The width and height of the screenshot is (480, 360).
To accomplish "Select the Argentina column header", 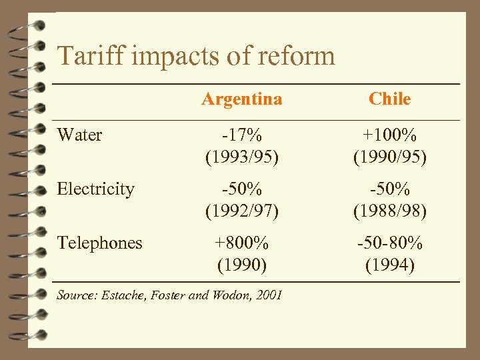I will [x=242, y=99].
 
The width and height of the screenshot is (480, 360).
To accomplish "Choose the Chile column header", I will [x=390, y=99].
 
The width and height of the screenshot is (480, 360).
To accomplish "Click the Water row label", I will [x=79, y=135].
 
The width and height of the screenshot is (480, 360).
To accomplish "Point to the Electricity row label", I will [x=95, y=189].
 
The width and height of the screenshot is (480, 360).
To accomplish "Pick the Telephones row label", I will [x=99, y=243].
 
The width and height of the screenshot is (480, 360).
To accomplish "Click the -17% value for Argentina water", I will [x=242, y=135].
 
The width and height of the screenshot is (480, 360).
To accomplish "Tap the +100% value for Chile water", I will [x=390, y=135].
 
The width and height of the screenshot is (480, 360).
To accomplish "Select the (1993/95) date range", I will [x=242, y=157].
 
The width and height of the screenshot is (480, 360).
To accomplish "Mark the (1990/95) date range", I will [x=390, y=157].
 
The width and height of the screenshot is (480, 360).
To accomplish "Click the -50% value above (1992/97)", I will [x=242, y=189].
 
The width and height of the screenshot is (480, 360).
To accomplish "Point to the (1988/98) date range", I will [x=390, y=211].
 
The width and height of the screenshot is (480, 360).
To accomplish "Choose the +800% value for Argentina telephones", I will [x=242, y=243].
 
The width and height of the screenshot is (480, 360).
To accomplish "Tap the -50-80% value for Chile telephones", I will [x=390, y=243].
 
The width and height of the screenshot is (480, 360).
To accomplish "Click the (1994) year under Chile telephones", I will [x=390, y=265].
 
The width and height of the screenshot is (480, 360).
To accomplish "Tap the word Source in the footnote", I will [x=75, y=295].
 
